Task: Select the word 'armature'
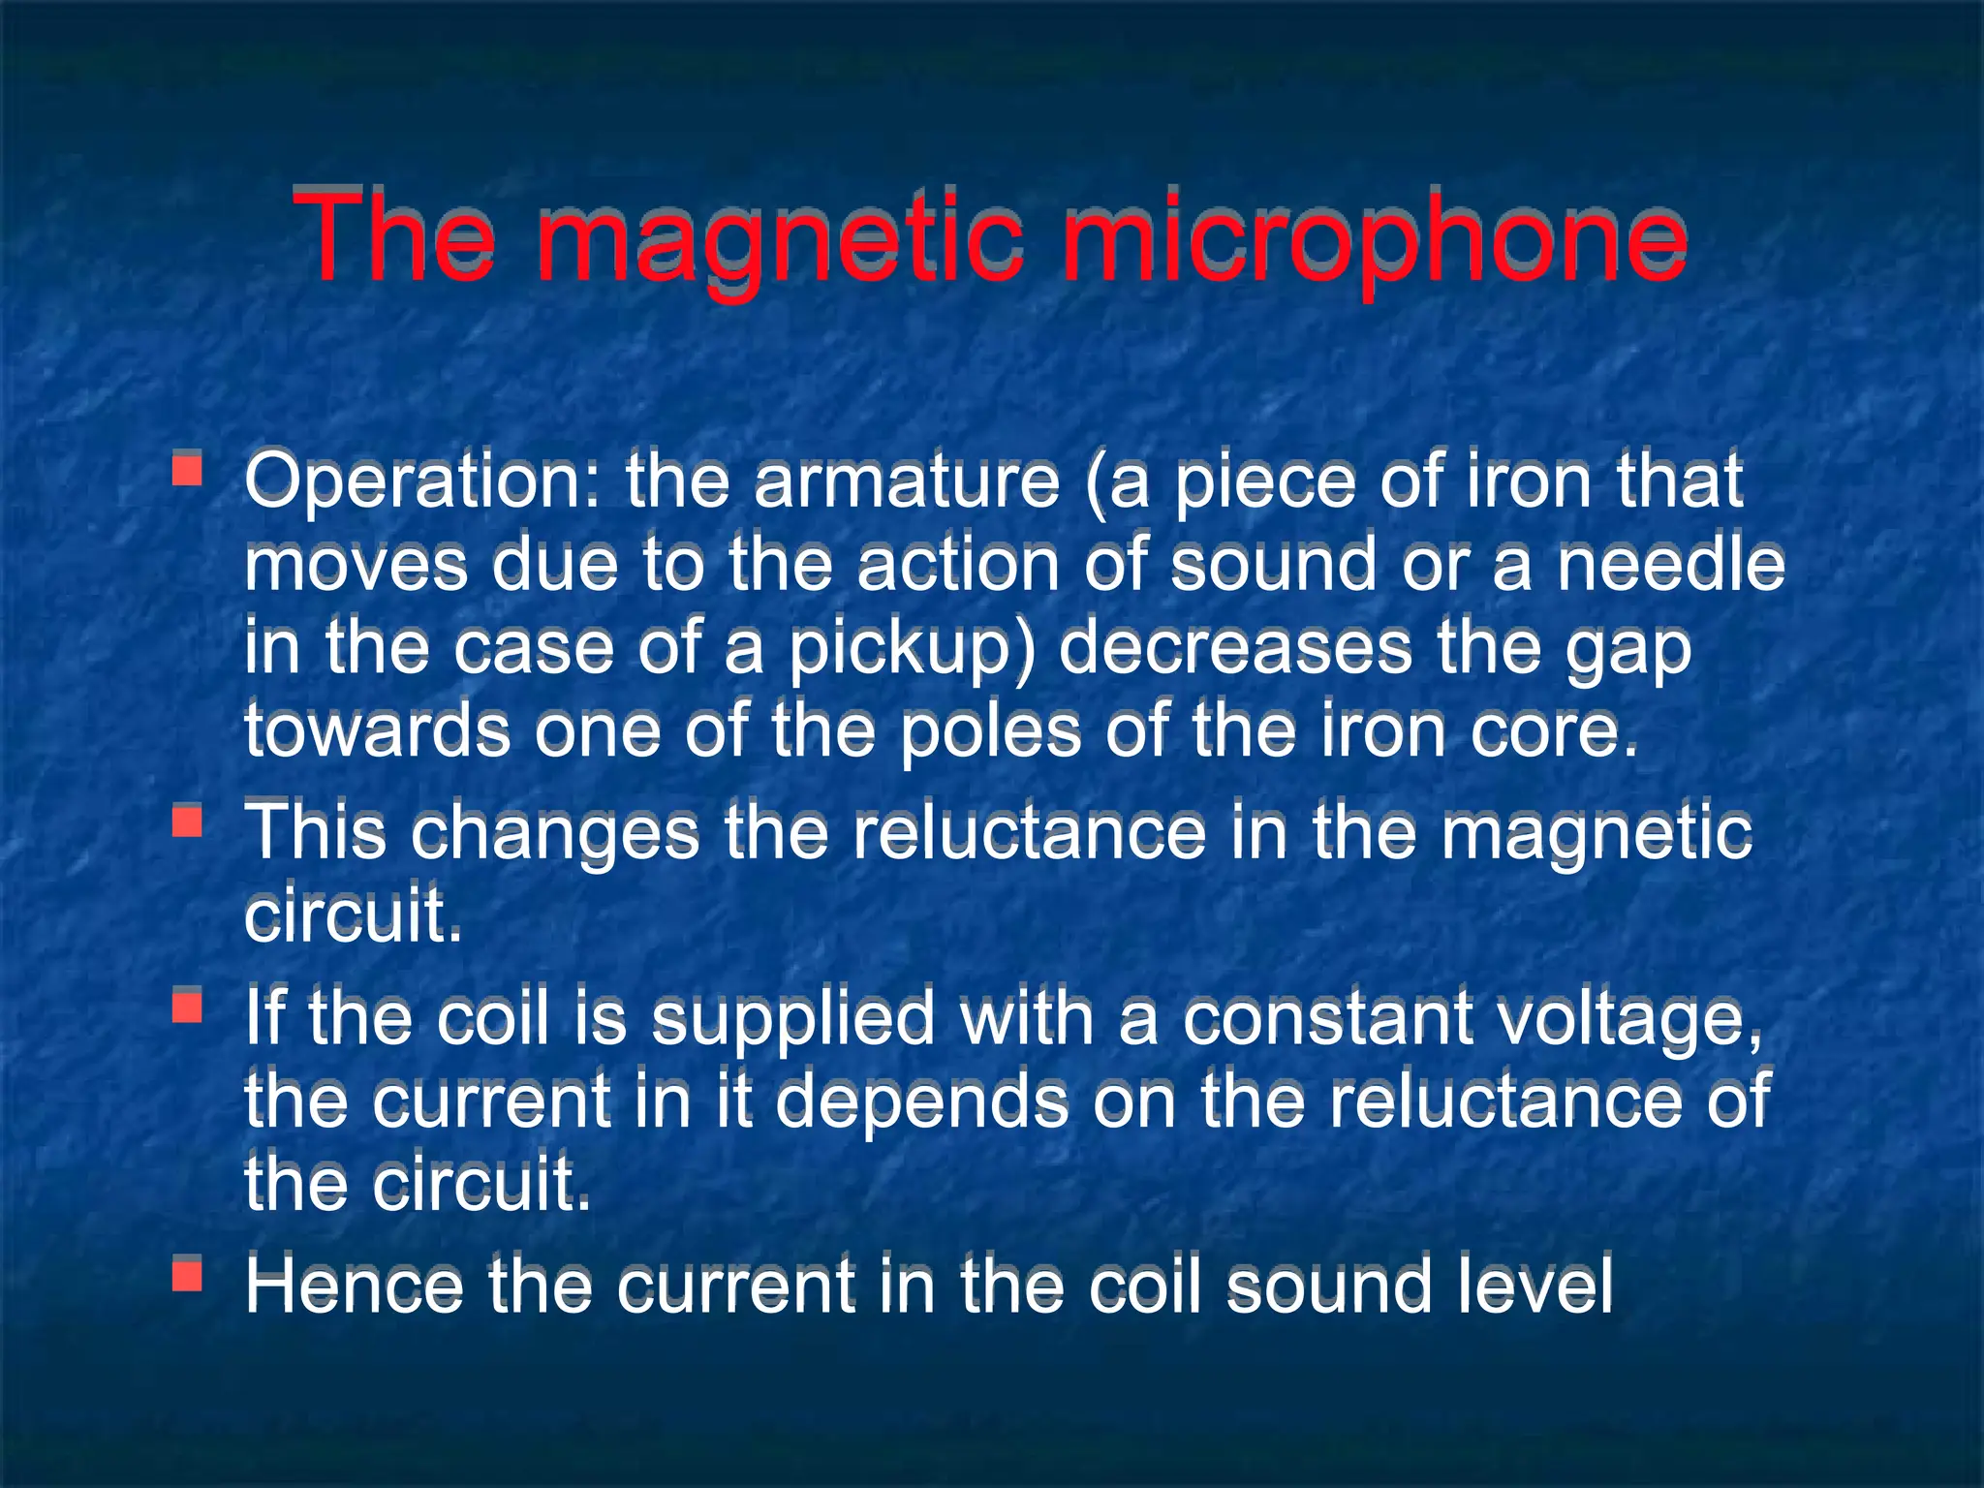[x=907, y=481]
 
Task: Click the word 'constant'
[x=1328, y=1019]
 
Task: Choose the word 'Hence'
[x=355, y=1286]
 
